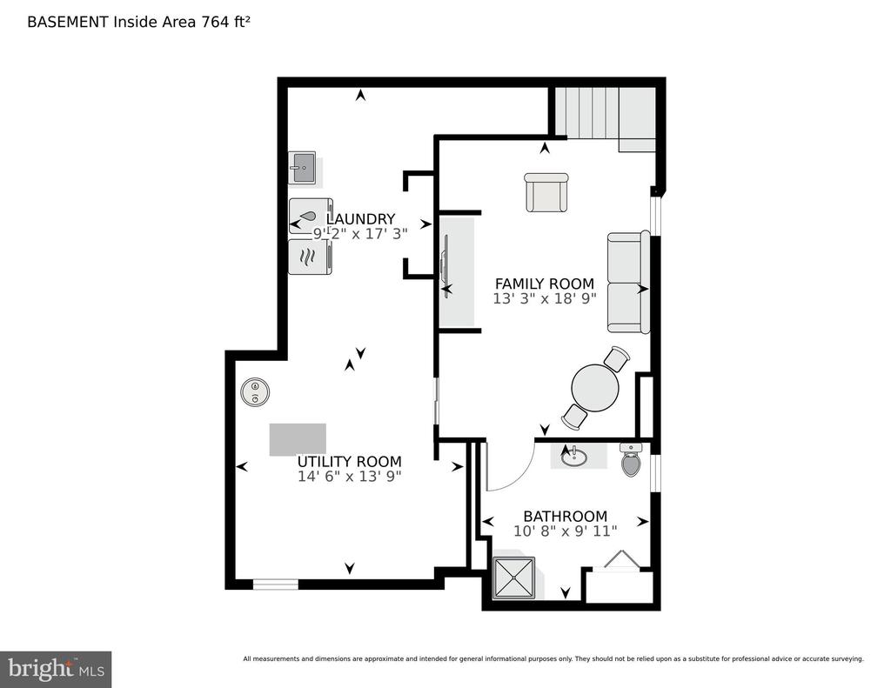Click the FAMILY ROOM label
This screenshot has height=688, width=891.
click(x=545, y=284)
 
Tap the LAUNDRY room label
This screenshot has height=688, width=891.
click(x=360, y=218)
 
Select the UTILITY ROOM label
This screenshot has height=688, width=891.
click(x=350, y=461)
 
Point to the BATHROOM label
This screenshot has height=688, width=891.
click(x=565, y=517)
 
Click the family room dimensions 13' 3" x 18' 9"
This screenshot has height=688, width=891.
click(x=545, y=299)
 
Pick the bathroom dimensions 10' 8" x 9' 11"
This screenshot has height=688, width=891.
click(x=566, y=531)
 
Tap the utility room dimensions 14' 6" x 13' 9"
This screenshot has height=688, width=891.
click(x=350, y=477)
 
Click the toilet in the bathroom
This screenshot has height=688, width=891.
click(x=631, y=460)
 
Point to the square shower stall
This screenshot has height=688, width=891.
click(x=514, y=578)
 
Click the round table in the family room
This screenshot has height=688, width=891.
click(x=595, y=388)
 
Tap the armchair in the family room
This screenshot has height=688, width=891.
click(x=546, y=192)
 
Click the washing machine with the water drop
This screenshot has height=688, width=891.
click(x=310, y=216)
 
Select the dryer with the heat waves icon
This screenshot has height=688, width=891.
click(x=310, y=257)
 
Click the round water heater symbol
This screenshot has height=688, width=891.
click(x=255, y=392)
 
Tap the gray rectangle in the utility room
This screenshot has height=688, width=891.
click(x=298, y=439)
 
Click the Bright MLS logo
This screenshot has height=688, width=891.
click(x=56, y=669)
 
